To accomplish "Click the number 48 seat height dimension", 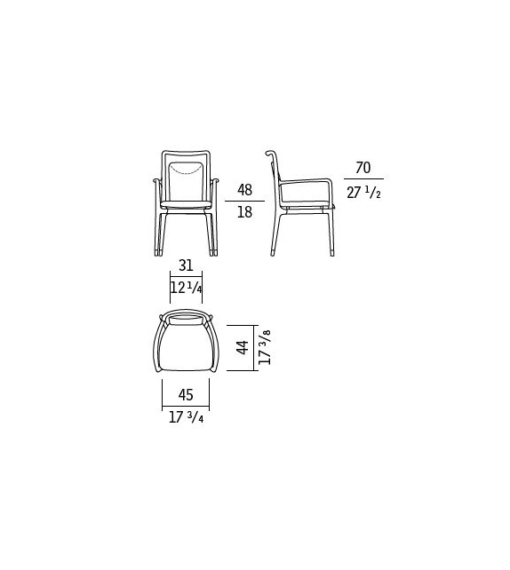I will pos(243,189).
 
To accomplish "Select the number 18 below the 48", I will pos(243,213).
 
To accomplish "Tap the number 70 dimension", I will pos(363,169).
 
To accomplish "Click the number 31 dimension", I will pos(187,265).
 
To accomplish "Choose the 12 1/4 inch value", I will pos(187,289).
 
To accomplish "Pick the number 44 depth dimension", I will pos(242,345).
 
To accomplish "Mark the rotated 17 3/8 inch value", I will pos(266,345).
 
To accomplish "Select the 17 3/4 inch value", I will pos(186,416).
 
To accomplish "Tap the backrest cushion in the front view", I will pos(187,178).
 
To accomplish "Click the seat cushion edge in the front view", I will pos(187,207).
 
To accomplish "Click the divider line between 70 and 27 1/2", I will pos(363,181).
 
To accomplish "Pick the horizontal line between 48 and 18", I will pos(243,202).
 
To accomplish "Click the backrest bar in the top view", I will pos(186,317).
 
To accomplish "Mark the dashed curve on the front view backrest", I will pos(187,168).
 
